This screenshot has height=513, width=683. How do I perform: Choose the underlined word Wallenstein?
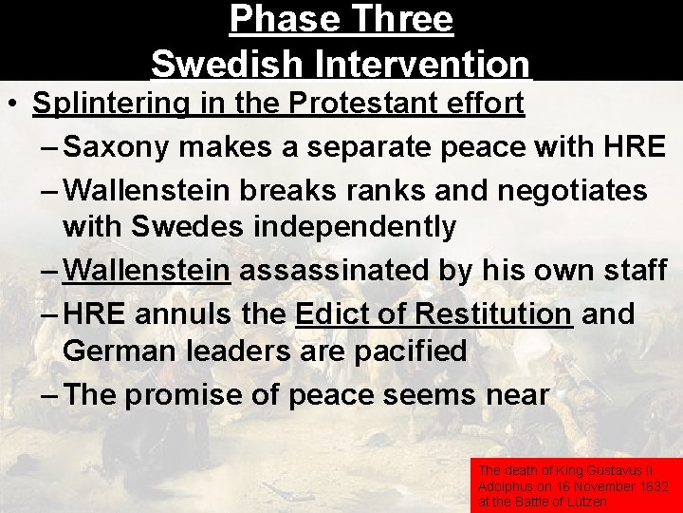pos(146,270)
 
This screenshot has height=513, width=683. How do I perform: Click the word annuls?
pos(189,313)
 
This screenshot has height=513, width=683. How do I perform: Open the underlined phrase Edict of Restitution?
pos(434,313)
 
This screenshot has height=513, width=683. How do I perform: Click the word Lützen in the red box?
pos(588,501)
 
